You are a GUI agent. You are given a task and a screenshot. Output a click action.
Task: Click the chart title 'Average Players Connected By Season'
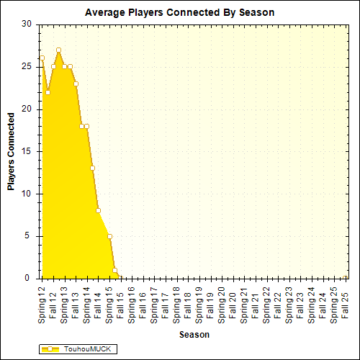pyautogui.click(x=179, y=12)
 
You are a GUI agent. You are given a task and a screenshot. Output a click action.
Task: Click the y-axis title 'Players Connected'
pyautogui.click(x=11, y=151)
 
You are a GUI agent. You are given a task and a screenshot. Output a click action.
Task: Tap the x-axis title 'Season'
pyautogui.click(x=194, y=335)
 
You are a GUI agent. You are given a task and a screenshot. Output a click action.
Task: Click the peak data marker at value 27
pyautogui.click(x=58, y=50)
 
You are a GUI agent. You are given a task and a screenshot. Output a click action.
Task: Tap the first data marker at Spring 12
pyautogui.click(x=42, y=58)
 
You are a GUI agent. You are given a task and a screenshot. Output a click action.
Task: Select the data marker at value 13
pyautogui.click(x=92, y=168)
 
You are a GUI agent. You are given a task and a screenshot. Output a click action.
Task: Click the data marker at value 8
pyautogui.click(x=98, y=210)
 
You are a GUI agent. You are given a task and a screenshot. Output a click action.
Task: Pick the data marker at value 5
pyautogui.click(x=109, y=236)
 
